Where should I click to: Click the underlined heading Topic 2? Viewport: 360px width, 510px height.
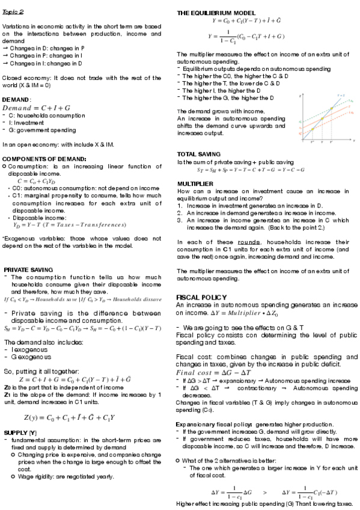13,11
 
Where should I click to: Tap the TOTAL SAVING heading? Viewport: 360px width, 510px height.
200,155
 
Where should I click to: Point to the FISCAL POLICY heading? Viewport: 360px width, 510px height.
201,297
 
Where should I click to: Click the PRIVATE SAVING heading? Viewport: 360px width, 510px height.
28,269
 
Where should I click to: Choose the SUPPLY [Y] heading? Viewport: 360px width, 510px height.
20,432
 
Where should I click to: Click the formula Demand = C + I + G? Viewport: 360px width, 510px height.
36,107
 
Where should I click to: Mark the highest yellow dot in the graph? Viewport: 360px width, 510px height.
331,109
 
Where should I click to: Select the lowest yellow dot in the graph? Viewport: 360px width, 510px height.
313,129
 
